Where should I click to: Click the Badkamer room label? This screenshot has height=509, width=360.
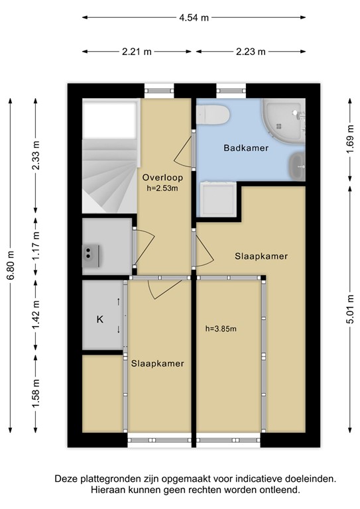(246, 148)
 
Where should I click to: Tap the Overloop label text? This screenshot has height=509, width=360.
(162, 178)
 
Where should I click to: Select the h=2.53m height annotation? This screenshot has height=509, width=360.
(162, 188)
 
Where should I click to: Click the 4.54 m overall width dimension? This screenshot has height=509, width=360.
(194, 18)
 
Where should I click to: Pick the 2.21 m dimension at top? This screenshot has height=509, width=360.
(138, 51)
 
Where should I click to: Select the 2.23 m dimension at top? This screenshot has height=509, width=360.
(250, 51)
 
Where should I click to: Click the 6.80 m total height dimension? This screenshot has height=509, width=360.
(11, 264)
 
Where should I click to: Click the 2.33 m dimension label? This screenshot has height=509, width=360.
(36, 156)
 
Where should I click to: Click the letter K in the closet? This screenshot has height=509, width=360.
(100, 319)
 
